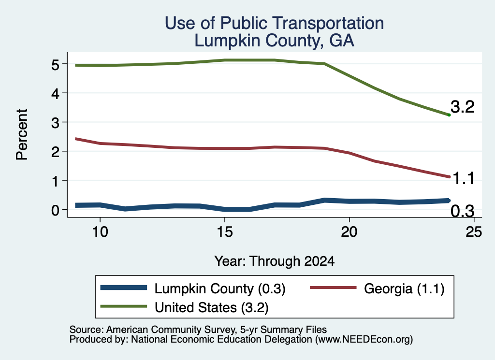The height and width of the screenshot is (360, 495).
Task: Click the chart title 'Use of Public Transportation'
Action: click(x=275, y=23)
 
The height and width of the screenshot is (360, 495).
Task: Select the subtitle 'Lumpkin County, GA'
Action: click(x=275, y=41)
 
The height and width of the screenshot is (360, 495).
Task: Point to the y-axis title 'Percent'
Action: click(x=22, y=134)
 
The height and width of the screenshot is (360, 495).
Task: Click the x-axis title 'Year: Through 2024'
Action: click(x=275, y=261)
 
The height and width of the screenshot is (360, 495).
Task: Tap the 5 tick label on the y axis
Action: click(x=55, y=65)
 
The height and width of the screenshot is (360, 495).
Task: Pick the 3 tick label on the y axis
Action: click(x=55, y=122)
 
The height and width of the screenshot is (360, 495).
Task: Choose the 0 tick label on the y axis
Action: click(x=55, y=210)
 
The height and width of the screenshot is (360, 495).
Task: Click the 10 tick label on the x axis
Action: click(x=100, y=232)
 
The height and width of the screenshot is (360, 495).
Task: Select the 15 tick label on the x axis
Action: click(x=225, y=232)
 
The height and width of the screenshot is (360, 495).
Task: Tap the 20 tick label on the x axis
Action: click(x=349, y=232)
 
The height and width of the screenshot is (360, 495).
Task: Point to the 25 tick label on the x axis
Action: click(x=474, y=232)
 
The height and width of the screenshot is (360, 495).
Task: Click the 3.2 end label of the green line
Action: click(x=463, y=107)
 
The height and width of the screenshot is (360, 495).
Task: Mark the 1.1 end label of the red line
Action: click(x=464, y=179)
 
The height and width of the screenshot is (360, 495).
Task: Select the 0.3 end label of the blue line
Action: click(x=463, y=211)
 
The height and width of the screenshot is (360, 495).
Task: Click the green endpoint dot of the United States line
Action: click(x=449, y=115)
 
